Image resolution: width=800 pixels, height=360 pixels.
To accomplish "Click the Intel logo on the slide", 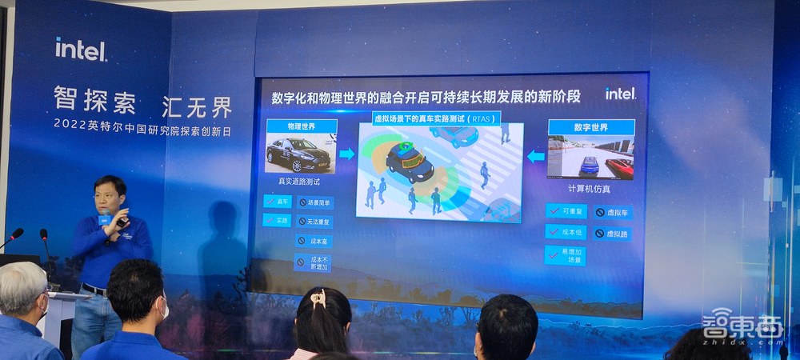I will [x=620, y=94].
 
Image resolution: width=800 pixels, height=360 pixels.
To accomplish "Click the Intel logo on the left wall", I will [x=81, y=50].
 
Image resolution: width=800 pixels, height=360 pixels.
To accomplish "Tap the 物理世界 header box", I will [x=301, y=126].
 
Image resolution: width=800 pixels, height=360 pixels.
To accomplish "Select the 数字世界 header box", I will [x=590, y=128].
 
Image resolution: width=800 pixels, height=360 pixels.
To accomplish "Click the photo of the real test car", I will [x=301, y=154].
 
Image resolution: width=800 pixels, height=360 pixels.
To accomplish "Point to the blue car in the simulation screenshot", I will [x=589, y=165].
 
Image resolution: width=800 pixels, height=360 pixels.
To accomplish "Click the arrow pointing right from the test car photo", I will [x=346, y=154].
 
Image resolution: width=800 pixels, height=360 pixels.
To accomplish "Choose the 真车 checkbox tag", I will [x=277, y=202].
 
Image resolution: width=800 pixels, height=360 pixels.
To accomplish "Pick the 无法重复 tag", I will [x=314, y=221].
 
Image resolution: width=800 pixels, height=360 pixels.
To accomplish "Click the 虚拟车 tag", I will [x=614, y=213].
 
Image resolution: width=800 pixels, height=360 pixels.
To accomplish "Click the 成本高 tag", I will [x=314, y=240].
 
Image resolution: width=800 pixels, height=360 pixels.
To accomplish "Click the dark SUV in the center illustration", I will [x=410, y=162].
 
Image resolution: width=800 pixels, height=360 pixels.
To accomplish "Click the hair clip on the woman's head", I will [x=318, y=299].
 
